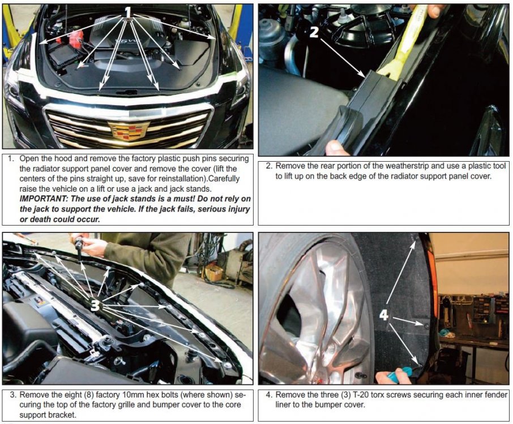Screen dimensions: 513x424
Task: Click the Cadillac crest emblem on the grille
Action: [128, 130]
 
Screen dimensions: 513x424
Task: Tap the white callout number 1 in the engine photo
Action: [128, 12]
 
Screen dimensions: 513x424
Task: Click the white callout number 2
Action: [314, 32]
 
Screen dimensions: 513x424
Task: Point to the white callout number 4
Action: [384, 315]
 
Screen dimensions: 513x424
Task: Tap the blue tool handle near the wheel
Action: [402, 375]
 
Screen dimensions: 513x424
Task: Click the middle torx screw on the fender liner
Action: [426, 326]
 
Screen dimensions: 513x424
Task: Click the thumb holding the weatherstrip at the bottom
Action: [335, 148]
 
